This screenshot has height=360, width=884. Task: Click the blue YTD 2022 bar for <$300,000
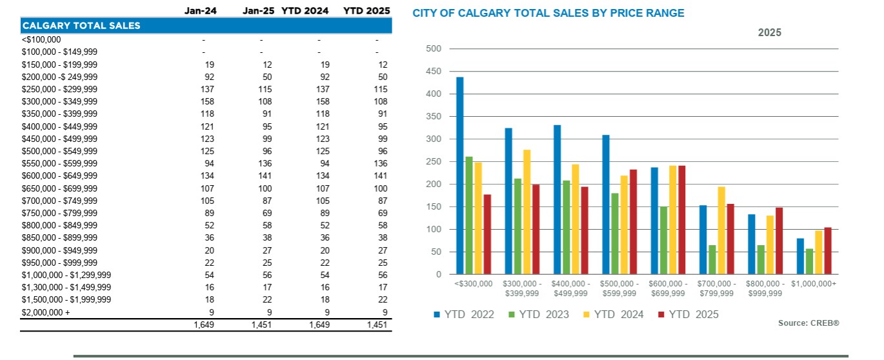coord(460,176)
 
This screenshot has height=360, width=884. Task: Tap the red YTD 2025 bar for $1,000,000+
coord(828,251)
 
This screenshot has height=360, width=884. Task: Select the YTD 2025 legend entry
coord(688,314)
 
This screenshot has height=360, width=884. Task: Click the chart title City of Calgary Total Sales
coord(548,13)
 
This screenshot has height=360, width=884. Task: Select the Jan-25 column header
coord(257,11)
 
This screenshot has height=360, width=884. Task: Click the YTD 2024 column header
coord(305,11)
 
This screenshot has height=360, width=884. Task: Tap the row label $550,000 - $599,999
coord(59,163)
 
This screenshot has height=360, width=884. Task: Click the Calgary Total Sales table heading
coord(81,26)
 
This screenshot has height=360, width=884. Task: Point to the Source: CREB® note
coord(809,323)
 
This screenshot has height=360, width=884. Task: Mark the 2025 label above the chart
coord(769,32)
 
